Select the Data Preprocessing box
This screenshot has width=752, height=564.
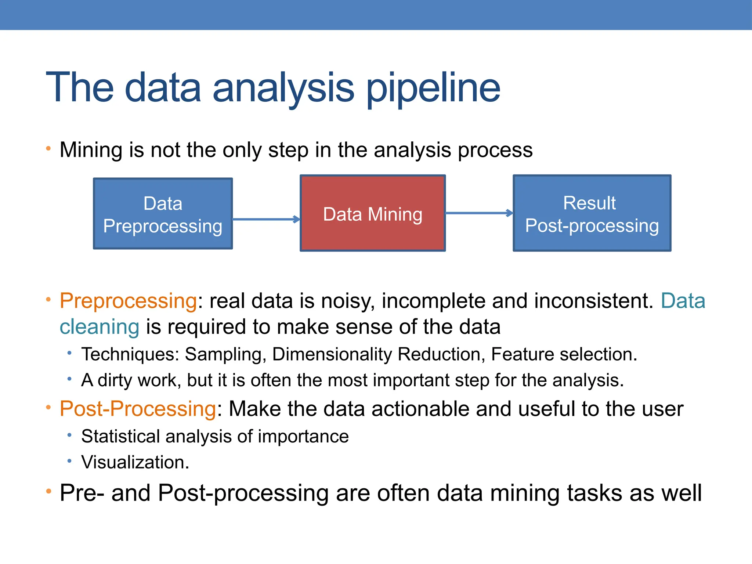point(163,214)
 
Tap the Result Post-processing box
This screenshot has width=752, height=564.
point(592,213)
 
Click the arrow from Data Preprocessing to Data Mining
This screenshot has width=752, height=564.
point(266,220)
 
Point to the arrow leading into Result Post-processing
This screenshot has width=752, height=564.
point(479,213)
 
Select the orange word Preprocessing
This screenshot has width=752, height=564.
point(129,301)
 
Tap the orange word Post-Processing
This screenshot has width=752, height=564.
point(138,409)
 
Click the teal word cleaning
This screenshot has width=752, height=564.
point(100,327)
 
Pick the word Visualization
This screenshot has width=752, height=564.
point(135,462)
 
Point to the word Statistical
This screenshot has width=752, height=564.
point(120,436)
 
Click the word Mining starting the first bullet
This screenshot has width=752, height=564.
point(91,151)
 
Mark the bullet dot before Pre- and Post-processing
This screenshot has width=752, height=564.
point(48,491)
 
